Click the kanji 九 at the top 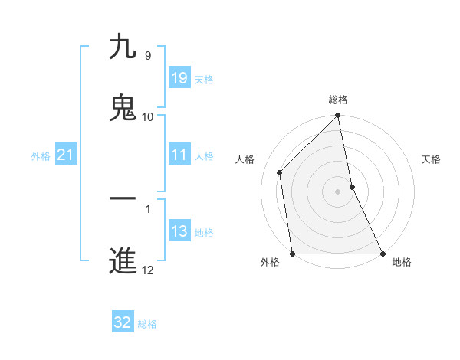123,47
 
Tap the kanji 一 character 123,198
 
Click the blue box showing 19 179,78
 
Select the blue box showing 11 179,155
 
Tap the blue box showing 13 179,231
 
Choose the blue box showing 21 66,155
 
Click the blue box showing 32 123,322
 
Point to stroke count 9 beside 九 147,56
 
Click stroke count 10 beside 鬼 148,117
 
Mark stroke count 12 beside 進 148,270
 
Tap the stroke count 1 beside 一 147,208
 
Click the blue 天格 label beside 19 204,80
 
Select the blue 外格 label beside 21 41,156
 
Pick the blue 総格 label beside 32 147,324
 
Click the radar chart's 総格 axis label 338,100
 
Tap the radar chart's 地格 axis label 402,262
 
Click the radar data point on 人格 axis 280,172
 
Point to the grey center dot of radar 338,191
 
